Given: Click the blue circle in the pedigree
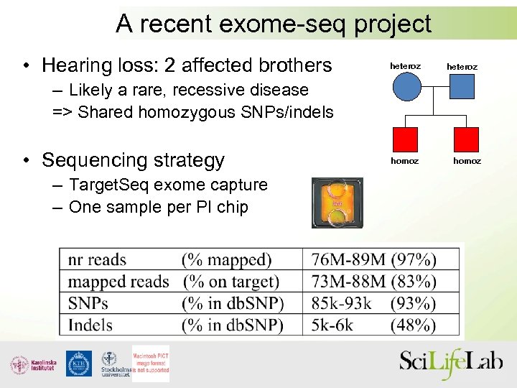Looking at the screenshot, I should click(x=406, y=88).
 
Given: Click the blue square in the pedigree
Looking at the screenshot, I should click(x=467, y=88).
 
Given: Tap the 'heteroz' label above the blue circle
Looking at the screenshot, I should click(x=405, y=66).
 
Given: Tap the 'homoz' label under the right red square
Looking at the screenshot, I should click(x=467, y=161).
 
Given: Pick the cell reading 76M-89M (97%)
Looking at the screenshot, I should click(x=374, y=259).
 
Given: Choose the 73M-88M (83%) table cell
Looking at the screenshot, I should click(x=374, y=282).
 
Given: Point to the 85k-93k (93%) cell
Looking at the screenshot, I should click(x=374, y=303).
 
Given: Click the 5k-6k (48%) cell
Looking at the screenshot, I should click(x=374, y=325).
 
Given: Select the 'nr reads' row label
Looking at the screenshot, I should click(x=97, y=259).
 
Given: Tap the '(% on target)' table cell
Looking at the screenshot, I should click(x=230, y=282).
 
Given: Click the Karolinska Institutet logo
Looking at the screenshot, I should click(x=33, y=364).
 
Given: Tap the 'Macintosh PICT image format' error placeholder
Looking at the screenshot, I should click(x=151, y=361).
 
